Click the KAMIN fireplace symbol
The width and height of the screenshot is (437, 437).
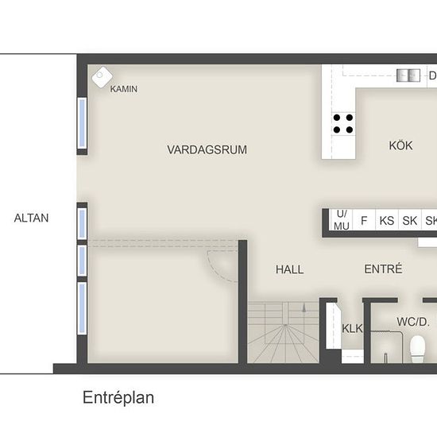[102, 77]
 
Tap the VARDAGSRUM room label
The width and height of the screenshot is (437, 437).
[207, 149]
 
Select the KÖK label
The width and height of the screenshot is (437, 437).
[400, 145]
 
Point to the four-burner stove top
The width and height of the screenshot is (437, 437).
[343, 124]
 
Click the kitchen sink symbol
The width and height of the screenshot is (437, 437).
[408, 75]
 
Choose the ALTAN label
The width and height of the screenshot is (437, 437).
[31, 218]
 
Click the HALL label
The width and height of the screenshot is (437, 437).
[289, 269]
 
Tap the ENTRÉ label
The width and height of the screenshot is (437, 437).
[383, 269]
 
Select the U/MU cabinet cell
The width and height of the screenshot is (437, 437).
[342, 220]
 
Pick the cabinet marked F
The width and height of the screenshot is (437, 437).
[364, 220]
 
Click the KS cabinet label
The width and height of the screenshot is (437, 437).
[387, 221]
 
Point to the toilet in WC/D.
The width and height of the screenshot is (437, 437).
[418, 349]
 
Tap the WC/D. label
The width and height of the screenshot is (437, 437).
[413, 322]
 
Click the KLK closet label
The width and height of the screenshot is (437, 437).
[352, 329]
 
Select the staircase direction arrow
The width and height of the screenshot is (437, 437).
[304, 307]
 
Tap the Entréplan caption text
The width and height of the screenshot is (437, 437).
[118, 398]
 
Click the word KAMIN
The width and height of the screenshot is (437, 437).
[124, 89]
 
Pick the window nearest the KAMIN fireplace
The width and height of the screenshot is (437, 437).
[82, 123]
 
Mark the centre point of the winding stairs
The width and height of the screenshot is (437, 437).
[285, 325]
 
